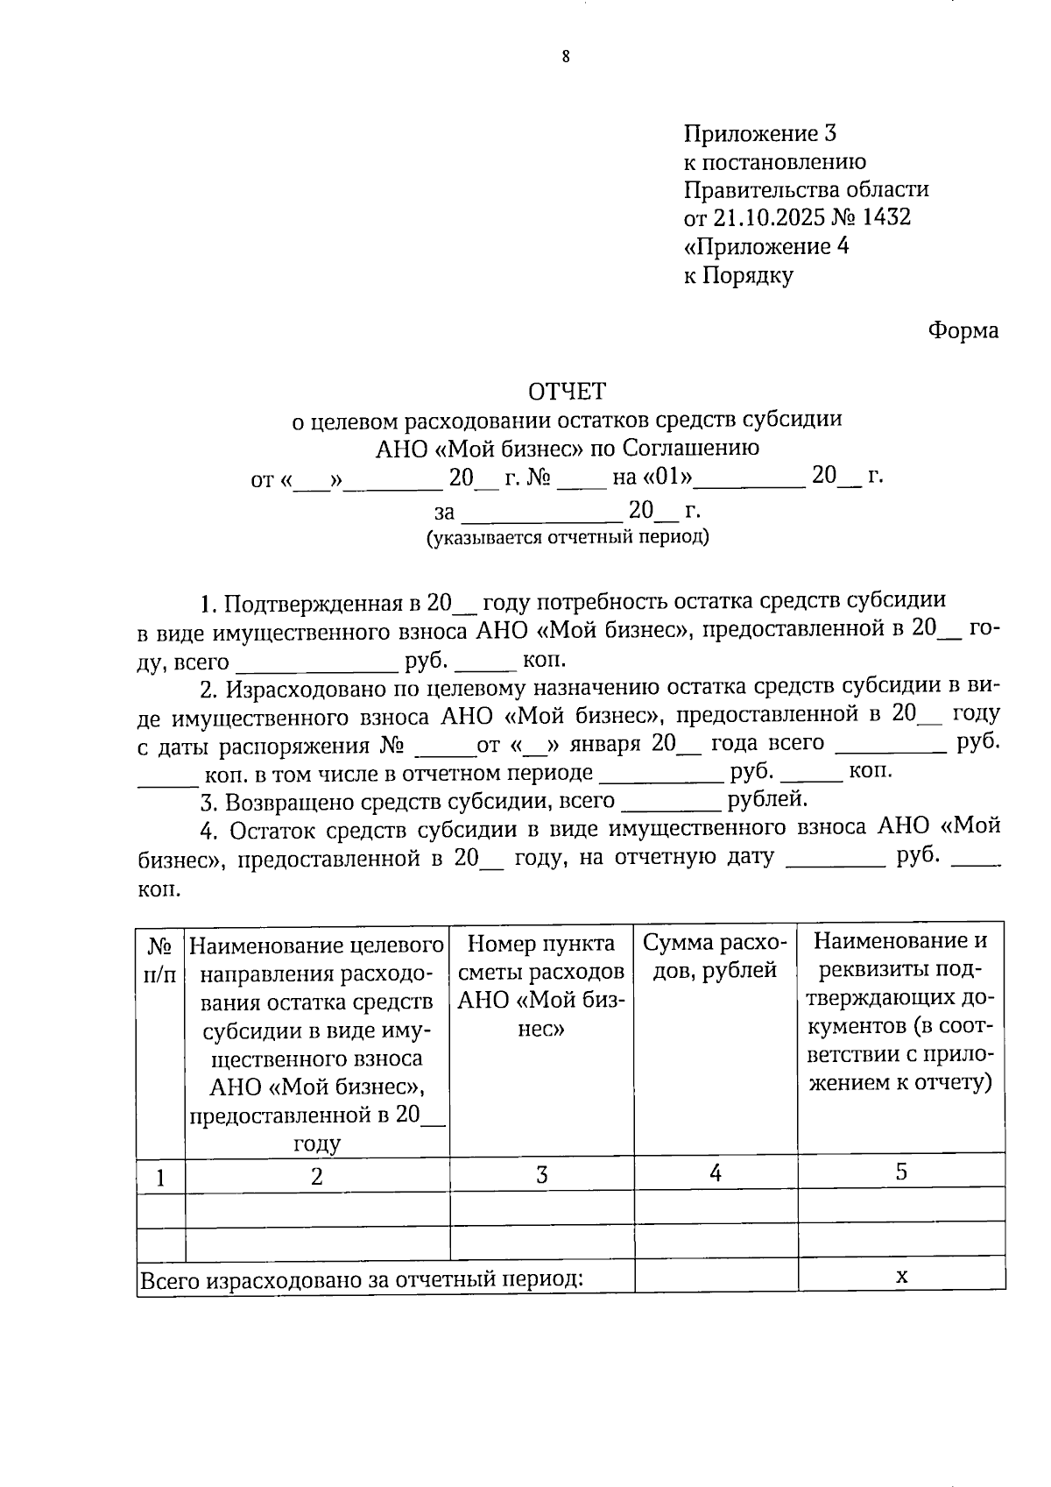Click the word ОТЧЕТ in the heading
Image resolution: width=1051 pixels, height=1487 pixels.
pyautogui.click(x=566, y=390)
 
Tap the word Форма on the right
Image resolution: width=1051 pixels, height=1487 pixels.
pyautogui.click(x=963, y=330)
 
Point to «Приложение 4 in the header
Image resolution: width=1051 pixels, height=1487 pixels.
pyautogui.click(x=765, y=246)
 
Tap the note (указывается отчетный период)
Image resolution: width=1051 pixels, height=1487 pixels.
pyautogui.click(x=567, y=536)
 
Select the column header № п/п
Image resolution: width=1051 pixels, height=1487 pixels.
pyautogui.click(x=160, y=959)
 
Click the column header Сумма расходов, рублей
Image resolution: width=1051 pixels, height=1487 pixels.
pyautogui.click(x=715, y=956)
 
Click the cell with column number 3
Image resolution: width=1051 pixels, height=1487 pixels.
pyautogui.click(x=541, y=1175)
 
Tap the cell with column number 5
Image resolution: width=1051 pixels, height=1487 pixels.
pyautogui.click(x=900, y=1172)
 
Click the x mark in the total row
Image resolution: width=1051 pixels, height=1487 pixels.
pyautogui.click(x=900, y=1276)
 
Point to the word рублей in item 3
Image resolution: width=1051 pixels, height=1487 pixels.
pyautogui.click(x=766, y=799)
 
